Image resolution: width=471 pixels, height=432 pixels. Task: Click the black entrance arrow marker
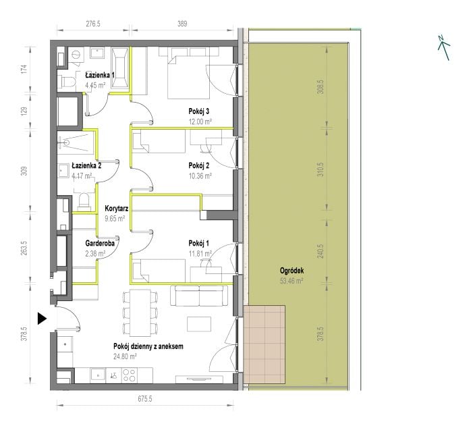[42, 319]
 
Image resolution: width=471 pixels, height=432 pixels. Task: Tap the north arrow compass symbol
[443, 47]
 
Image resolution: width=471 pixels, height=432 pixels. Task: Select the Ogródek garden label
[292, 271]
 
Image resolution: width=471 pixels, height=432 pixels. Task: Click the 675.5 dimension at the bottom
[145, 399]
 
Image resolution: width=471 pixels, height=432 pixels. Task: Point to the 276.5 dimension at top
[93, 24]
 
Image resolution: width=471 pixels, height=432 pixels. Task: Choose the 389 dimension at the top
[182, 24]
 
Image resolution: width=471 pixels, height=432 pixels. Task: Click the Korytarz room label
[117, 208]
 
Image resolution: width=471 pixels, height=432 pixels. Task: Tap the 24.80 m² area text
[125, 356]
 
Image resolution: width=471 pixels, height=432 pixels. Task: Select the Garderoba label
[100, 243]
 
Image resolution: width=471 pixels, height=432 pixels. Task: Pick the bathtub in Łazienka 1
[120, 68]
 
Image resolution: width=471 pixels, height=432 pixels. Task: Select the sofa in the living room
[200, 296]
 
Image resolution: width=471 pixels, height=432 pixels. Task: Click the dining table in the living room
[140, 313]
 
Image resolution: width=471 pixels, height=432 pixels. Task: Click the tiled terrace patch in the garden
[265, 344]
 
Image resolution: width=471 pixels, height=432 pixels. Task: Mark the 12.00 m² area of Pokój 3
[200, 122]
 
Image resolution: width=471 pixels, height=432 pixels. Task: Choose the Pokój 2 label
[199, 165]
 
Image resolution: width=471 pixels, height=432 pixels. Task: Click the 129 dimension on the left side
[24, 111]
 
